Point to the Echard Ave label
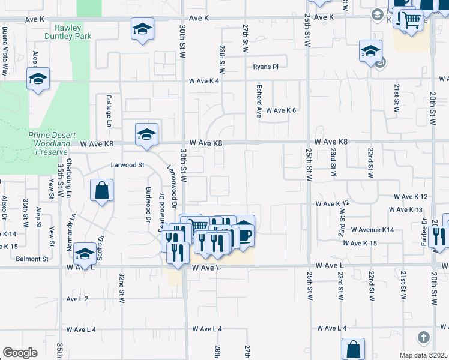259,102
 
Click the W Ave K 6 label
282,110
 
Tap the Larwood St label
128,164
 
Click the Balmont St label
32,259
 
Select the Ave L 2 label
77,298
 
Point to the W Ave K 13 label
406,209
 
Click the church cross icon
424,337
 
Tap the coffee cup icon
244,234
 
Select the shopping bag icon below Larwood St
101,190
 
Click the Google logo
20,353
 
